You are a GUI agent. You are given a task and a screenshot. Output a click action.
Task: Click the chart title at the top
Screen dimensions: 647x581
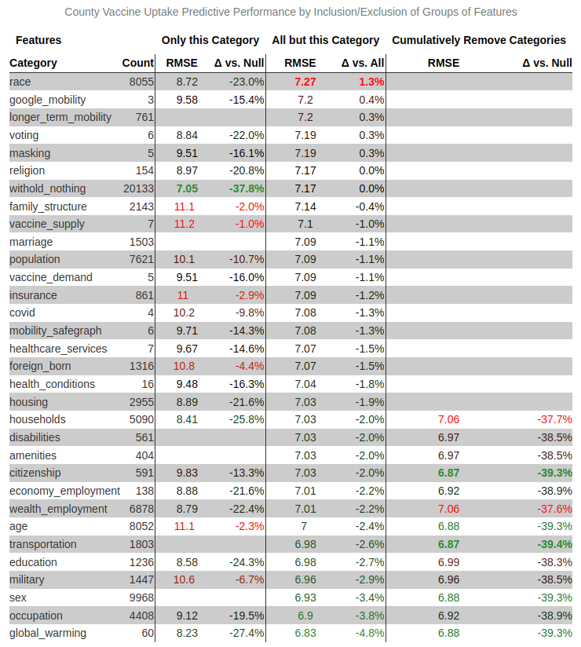pyautogui.click(x=290, y=12)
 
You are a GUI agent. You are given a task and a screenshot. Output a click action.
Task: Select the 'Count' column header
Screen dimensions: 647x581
pyautogui.click(x=138, y=63)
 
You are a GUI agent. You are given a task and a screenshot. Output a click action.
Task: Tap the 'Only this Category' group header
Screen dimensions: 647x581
pyautogui.click(x=210, y=40)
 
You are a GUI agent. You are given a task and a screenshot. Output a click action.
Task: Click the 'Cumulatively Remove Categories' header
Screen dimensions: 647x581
pyautogui.click(x=479, y=40)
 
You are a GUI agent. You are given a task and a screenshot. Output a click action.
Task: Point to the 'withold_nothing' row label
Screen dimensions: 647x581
pyautogui.click(x=48, y=188)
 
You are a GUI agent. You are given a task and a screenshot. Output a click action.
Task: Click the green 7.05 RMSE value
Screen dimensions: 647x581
pyautogui.click(x=187, y=188)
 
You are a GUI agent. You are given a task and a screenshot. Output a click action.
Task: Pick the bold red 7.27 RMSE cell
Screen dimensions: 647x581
pyautogui.click(x=305, y=82)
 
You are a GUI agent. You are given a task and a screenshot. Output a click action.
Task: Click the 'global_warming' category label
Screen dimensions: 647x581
pyautogui.click(x=48, y=633)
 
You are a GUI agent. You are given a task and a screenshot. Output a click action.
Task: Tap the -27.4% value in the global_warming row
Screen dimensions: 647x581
pyautogui.click(x=247, y=633)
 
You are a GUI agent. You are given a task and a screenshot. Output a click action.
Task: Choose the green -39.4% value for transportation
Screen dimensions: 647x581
pyautogui.click(x=554, y=544)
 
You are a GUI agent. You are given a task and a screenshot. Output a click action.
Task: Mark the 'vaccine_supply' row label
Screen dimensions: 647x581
pyautogui.click(x=47, y=224)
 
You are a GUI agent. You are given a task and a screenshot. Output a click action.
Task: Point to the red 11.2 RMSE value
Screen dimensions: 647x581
pyautogui.click(x=184, y=224)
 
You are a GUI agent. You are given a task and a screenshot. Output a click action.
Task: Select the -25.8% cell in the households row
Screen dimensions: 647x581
pyautogui.click(x=247, y=419)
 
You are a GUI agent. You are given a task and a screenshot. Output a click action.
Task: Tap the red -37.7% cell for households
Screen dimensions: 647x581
pyautogui.click(x=554, y=419)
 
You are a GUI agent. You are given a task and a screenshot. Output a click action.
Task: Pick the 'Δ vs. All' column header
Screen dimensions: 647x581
pyautogui.click(x=364, y=63)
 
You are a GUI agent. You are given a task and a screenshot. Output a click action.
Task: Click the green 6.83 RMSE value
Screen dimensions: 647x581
pyautogui.click(x=305, y=633)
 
